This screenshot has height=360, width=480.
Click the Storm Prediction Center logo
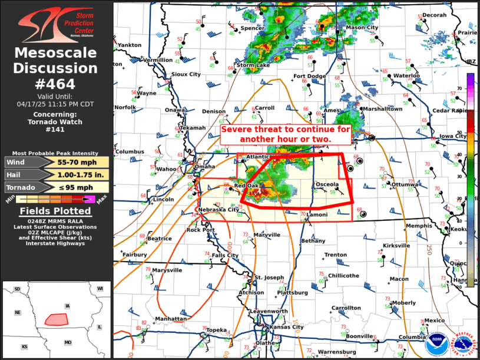(56, 25)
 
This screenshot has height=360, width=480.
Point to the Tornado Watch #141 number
(56, 130)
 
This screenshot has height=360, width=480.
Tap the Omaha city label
(205, 166)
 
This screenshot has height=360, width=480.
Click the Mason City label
(362, 28)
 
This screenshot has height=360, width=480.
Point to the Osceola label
(327, 184)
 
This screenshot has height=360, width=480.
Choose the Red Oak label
(246, 186)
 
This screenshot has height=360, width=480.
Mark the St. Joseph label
(269, 277)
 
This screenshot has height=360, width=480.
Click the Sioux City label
(186, 74)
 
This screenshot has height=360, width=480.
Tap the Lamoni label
(317, 215)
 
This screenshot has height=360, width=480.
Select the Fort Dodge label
(310, 76)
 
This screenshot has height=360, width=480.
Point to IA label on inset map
(68, 306)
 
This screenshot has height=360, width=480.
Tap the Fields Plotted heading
(56, 211)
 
